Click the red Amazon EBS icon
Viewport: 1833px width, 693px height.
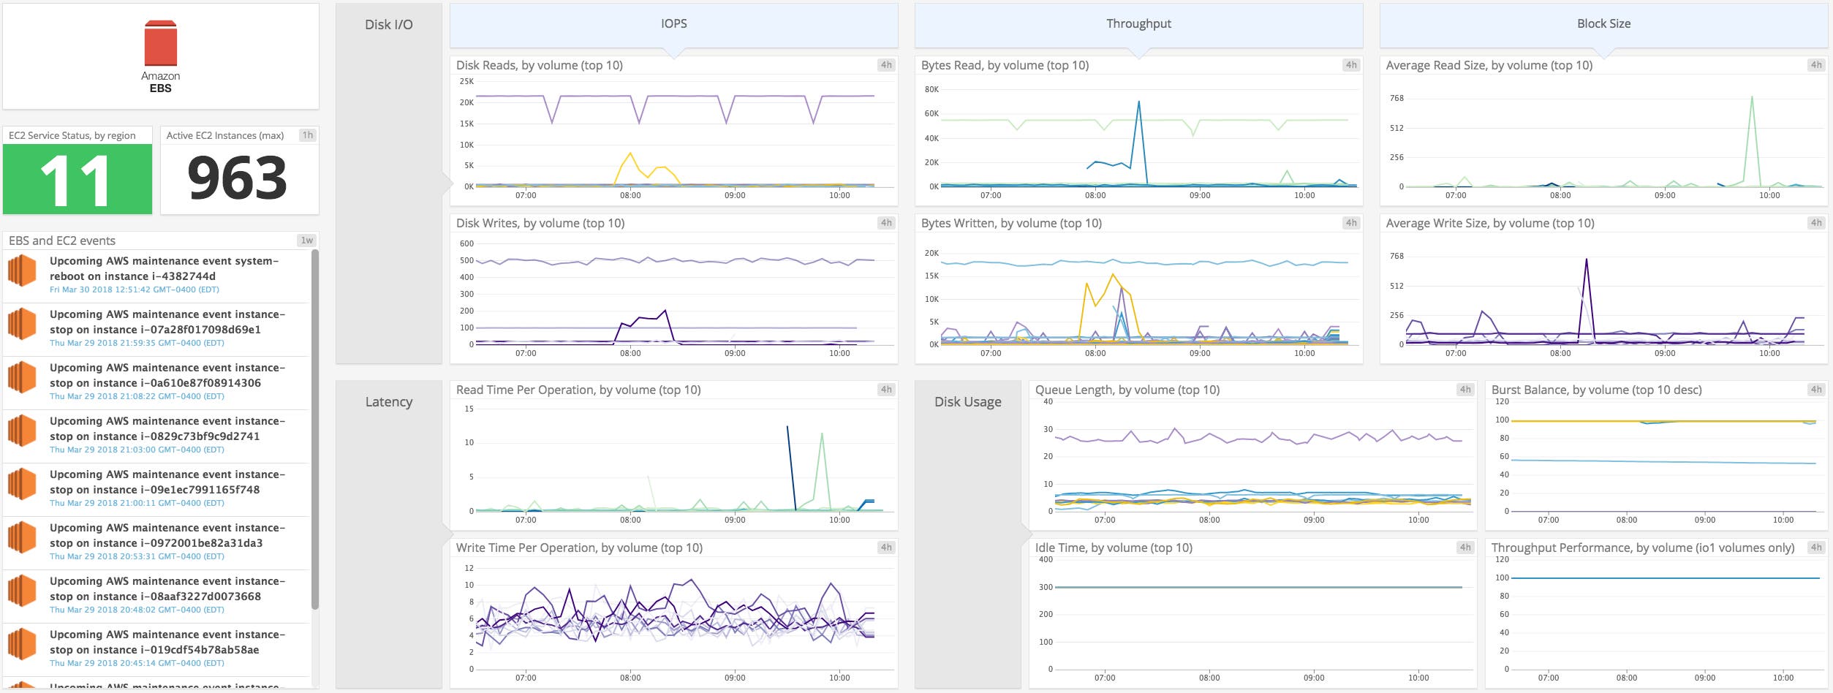pyautogui.click(x=161, y=44)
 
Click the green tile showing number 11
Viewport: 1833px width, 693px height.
pyautogui.click(x=77, y=179)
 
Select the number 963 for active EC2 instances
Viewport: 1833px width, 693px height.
pyautogui.click(x=238, y=178)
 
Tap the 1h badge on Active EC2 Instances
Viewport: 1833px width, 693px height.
pyautogui.click(x=308, y=135)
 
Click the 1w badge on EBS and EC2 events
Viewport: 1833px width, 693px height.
pyautogui.click(x=306, y=241)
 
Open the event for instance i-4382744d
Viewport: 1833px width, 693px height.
pyautogui.click(x=164, y=268)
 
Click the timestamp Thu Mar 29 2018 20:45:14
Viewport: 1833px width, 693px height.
pyautogui.click(x=136, y=663)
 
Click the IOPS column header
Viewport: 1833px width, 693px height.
pyautogui.click(x=673, y=24)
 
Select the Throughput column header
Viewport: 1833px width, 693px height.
pyautogui.click(x=1138, y=24)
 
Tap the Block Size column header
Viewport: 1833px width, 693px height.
pyautogui.click(x=1603, y=24)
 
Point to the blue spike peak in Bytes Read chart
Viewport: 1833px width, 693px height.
pyautogui.click(x=1139, y=102)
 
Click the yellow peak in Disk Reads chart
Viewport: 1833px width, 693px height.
pyautogui.click(x=630, y=154)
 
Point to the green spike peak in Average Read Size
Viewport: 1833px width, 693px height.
pyautogui.click(x=1752, y=97)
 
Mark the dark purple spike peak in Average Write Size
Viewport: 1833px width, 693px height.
pyautogui.click(x=1586, y=259)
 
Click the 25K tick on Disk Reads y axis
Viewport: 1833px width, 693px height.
pyautogui.click(x=466, y=81)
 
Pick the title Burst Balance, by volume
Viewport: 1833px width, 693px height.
pyautogui.click(x=1596, y=390)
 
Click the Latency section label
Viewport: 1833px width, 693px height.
pyautogui.click(x=388, y=402)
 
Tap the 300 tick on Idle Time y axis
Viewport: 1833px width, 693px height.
pyautogui.click(x=1046, y=587)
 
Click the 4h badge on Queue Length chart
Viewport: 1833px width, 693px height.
pyautogui.click(x=1465, y=390)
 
